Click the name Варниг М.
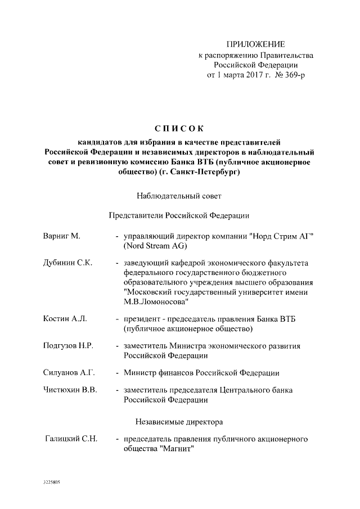click(62, 236)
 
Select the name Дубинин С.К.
click(67, 263)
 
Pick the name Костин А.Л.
click(65, 319)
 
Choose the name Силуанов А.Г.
click(70, 373)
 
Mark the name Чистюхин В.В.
click(70, 390)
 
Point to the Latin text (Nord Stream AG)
click(155, 246)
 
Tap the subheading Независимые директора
click(179, 421)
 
